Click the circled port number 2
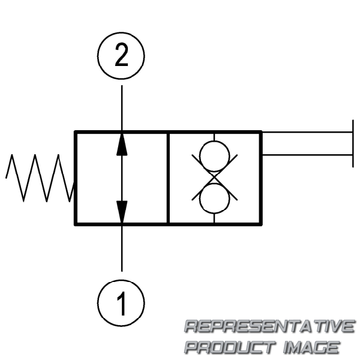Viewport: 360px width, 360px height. pyautogui.click(x=122, y=57)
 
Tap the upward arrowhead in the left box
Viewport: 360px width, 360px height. pyautogui.click(x=122, y=143)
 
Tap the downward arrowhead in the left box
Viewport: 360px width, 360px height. pyautogui.click(x=122, y=211)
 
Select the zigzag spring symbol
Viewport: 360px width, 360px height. pyautogui.click(x=39, y=178)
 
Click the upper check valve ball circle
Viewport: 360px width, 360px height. pyautogui.click(x=214, y=155)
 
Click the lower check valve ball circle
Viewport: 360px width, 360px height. pyautogui.click(x=214, y=199)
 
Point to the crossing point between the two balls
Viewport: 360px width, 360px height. pyautogui.click(x=214, y=177)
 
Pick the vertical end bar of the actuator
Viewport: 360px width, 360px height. pyautogui.click(x=352, y=143)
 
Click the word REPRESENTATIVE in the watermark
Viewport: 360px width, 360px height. pyautogui.click(x=269, y=327)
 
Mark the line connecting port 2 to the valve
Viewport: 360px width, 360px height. pyautogui.click(x=122, y=108)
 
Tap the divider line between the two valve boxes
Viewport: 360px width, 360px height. pyautogui.click(x=168, y=178)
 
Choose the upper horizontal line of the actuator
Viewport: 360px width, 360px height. pyautogui.click(x=306, y=132)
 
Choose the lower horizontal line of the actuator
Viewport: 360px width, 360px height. pyautogui.click(x=306, y=155)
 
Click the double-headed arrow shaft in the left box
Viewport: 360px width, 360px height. pyautogui.click(x=122, y=178)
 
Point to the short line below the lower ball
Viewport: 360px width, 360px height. pyautogui.click(x=214, y=218)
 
